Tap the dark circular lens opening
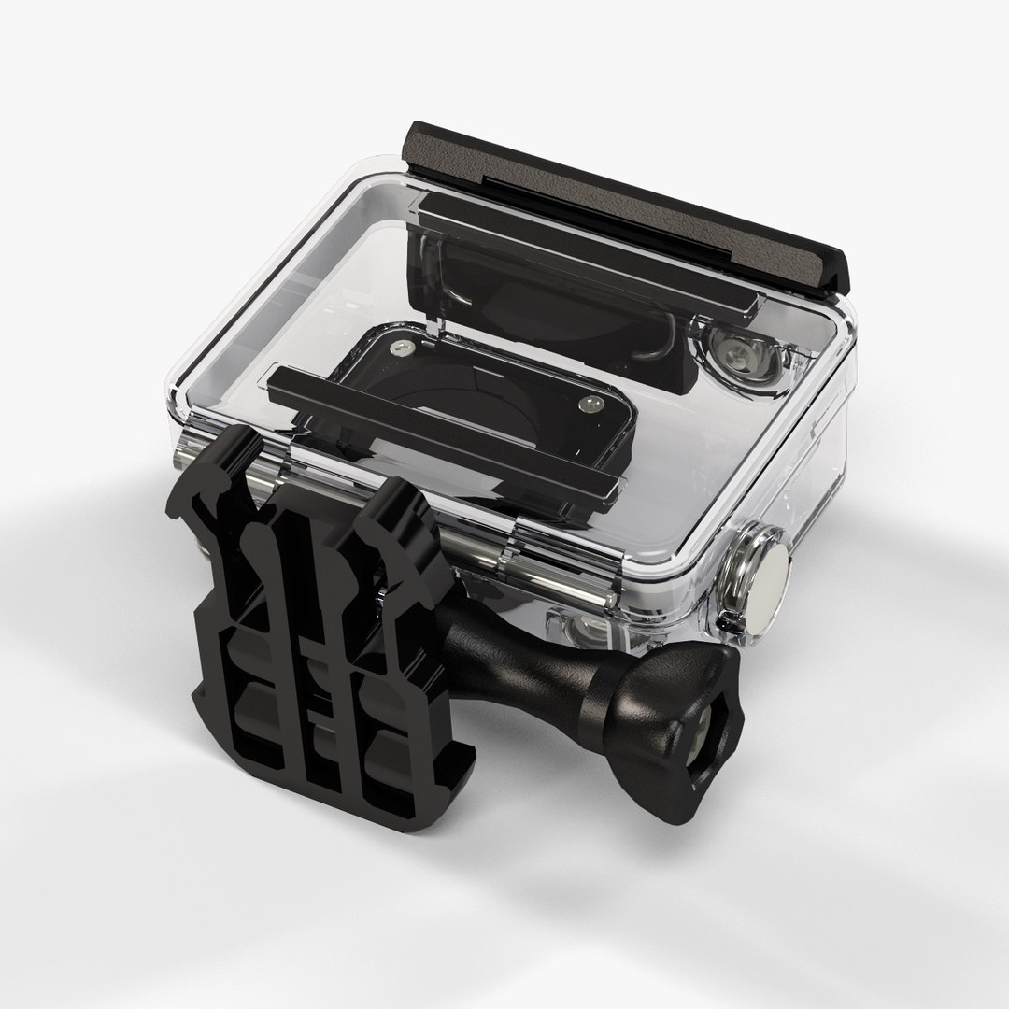(x=439, y=392)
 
